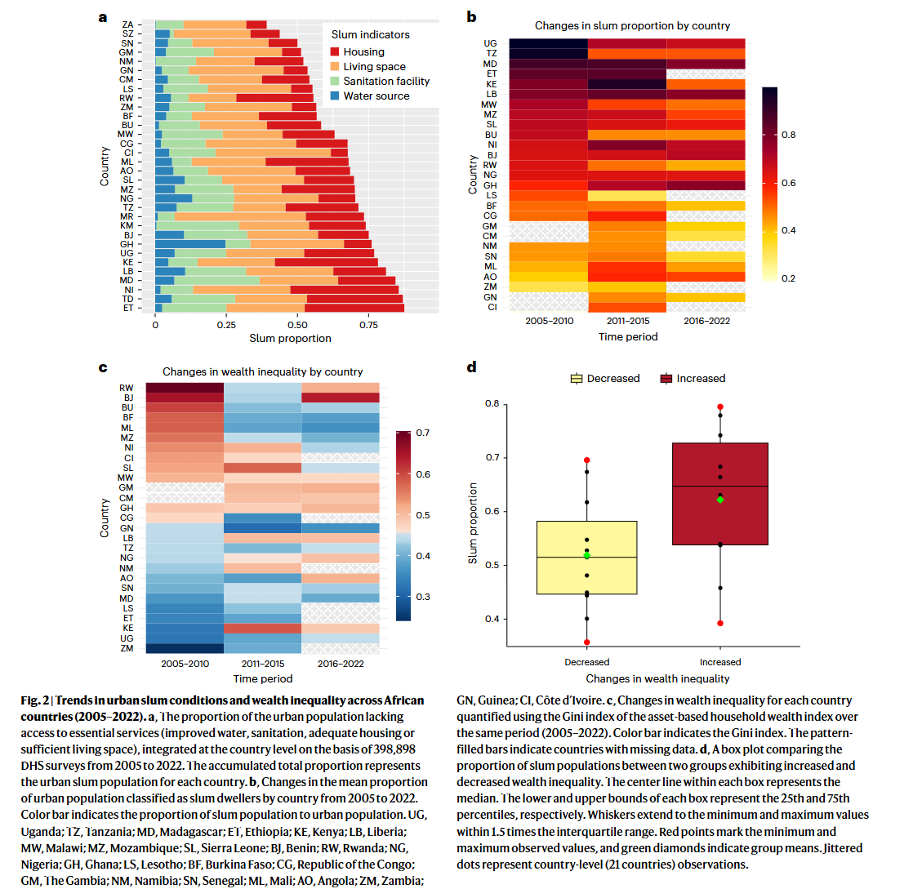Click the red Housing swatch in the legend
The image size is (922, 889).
click(335, 52)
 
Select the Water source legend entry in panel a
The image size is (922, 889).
click(376, 96)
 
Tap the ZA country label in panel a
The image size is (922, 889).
click(127, 25)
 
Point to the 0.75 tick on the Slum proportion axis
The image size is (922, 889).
click(368, 325)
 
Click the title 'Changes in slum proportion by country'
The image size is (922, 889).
click(632, 25)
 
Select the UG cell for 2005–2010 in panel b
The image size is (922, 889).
click(548, 43)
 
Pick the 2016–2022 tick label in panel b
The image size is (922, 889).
click(706, 321)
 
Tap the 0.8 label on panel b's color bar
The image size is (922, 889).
click(788, 136)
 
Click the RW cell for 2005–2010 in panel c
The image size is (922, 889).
click(185, 388)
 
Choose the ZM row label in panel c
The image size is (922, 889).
click(127, 648)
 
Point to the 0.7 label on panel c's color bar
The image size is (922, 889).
click(423, 433)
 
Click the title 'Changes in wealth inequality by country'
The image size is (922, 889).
click(262, 372)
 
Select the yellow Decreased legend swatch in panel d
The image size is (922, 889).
click(577, 379)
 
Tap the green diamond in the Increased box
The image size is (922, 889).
click(720, 500)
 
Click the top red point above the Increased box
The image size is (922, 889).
click(720, 407)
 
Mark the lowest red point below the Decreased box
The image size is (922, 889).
click(587, 642)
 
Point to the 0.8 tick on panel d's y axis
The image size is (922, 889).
click(492, 404)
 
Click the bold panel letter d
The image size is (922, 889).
click(471, 367)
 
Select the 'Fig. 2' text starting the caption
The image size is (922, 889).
click(35, 700)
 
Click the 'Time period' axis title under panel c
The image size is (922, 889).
click(262, 678)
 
